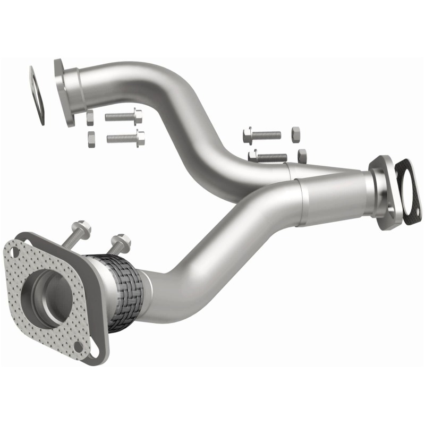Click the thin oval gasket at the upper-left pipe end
pos(37,96)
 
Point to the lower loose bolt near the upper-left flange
pos(125,138)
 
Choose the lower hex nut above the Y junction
pos(302,156)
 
